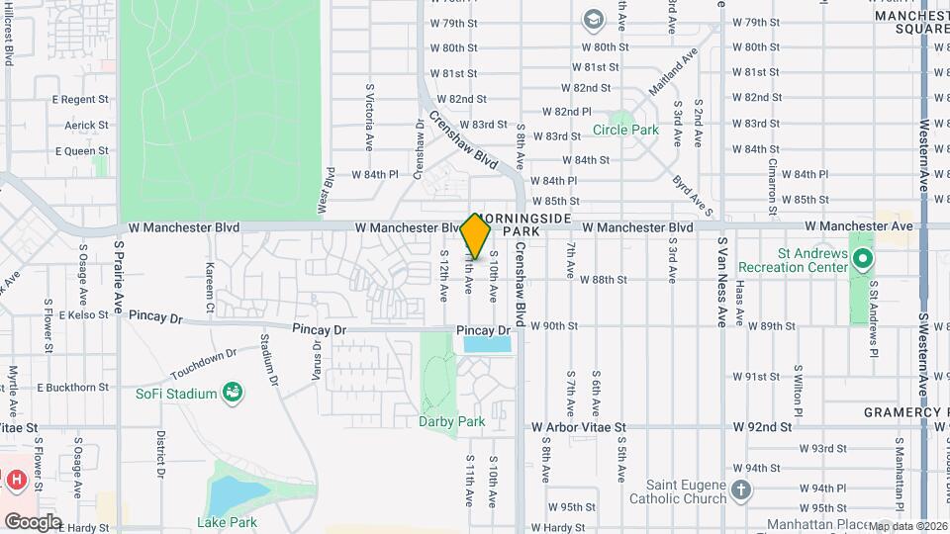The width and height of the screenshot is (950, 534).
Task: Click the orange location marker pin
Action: coord(476,236)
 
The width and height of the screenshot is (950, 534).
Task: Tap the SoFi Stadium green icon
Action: coord(233,394)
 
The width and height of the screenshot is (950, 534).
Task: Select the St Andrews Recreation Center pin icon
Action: coord(862,261)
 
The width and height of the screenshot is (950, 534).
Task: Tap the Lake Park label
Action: coord(227,522)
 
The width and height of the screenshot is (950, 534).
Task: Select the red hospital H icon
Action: coord(16,481)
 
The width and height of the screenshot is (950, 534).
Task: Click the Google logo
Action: coord(33,521)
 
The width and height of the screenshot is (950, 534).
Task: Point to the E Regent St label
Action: coord(80,99)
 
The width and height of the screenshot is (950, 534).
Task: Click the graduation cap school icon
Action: coord(593,19)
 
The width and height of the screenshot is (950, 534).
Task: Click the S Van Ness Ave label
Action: coord(722,282)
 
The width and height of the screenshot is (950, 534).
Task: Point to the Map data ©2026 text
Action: coord(908,526)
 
